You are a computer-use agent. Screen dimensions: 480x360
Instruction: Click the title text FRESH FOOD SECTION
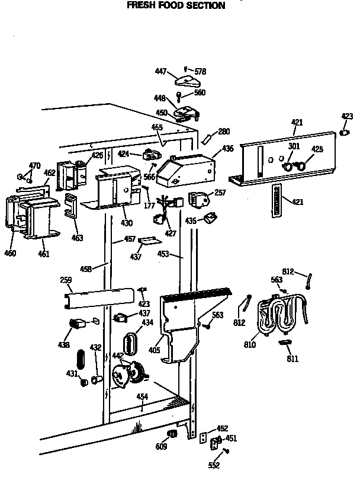click(176, 6)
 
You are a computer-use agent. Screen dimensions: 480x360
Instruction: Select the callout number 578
click(200, 71)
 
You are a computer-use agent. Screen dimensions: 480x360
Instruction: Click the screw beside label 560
click(179, 95)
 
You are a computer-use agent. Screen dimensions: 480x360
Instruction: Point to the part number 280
click(224, 132)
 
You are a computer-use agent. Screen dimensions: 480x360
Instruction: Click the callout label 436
click(227, 150)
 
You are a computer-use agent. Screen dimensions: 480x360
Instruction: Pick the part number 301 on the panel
click(294, 146)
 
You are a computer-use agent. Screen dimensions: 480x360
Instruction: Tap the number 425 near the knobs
click(317, 150)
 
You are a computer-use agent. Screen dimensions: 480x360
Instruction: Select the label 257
click(220, 193)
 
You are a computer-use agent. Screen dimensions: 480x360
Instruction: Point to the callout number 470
click(35, 165)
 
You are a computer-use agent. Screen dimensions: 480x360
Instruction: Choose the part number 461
click(44, 254)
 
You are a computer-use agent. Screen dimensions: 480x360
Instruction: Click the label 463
click(77, 238)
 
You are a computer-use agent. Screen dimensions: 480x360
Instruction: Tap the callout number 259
click(66, 280)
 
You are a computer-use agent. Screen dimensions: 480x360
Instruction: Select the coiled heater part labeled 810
click(278, 314)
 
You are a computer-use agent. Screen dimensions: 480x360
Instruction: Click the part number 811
click(292, 359)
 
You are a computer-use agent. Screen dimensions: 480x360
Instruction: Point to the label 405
click(155, 350)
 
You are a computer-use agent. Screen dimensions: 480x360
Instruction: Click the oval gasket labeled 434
click(130, 343)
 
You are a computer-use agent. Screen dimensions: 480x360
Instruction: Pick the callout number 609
click(161, 447)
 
